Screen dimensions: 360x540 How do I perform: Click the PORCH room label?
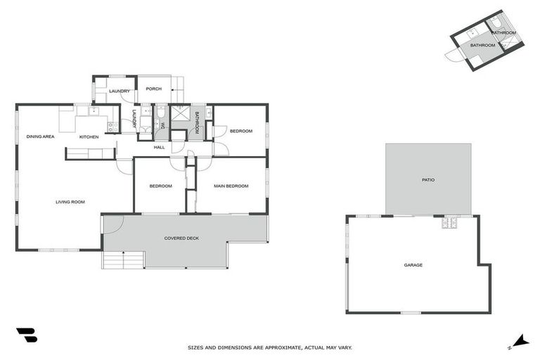(154, 89)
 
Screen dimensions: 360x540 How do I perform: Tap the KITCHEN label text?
(89, 136)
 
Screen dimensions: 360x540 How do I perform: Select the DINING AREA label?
(41, 136)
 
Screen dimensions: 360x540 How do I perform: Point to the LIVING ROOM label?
(70, 202)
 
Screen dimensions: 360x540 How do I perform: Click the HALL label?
(159, 147)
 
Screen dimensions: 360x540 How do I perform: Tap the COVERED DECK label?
(181, 238)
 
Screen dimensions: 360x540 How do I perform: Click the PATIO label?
(428, 180)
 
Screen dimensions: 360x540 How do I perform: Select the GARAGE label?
(413, 265)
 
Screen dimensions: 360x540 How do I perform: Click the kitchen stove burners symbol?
(112, 127)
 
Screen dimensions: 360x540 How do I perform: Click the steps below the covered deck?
(123, 259)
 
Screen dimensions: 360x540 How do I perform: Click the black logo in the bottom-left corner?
(27, 335)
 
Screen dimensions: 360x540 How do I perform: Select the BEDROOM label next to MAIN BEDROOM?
(160, 186)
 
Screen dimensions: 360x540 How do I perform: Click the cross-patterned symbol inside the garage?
(449, 224)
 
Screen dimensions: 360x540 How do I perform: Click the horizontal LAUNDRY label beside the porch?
(119, 91)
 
